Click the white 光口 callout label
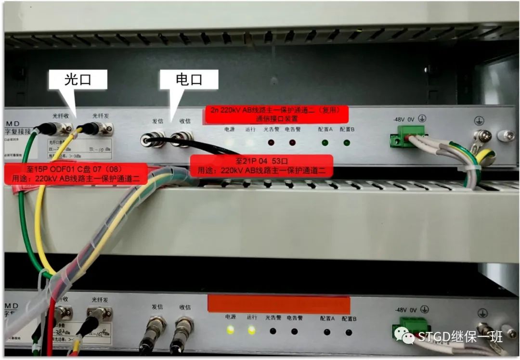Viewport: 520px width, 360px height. [78, 79]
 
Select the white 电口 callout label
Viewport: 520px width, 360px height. [189, 79]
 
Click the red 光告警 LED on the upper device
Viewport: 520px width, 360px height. [271, 142]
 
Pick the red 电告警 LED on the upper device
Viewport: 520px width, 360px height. [292, 142]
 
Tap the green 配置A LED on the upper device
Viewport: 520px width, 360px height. [325, 142]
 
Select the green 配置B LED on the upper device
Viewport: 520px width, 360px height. [346, 142]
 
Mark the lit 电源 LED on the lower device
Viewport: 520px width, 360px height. [231, 330]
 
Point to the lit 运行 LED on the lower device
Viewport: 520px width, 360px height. [251, 330]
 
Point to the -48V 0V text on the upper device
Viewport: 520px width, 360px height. [404, 118]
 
